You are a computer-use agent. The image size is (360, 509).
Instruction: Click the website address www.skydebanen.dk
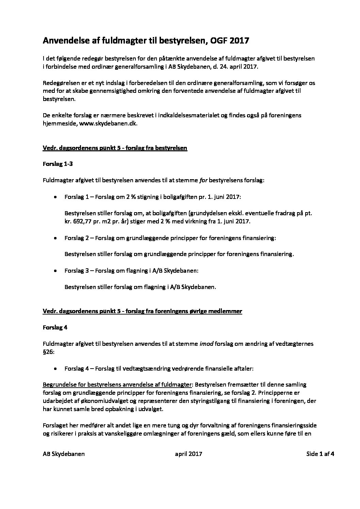[108, 124]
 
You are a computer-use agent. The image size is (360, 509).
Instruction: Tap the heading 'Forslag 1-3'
[58, 164]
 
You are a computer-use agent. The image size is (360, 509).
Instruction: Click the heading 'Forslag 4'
[55, 327]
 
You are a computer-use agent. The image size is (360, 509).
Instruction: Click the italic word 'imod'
[206, 344]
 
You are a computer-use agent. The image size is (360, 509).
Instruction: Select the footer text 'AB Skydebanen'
[64, 454]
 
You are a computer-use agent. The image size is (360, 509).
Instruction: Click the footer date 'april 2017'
[189, 454]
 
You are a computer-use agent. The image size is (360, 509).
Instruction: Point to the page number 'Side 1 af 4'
[320, 454]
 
